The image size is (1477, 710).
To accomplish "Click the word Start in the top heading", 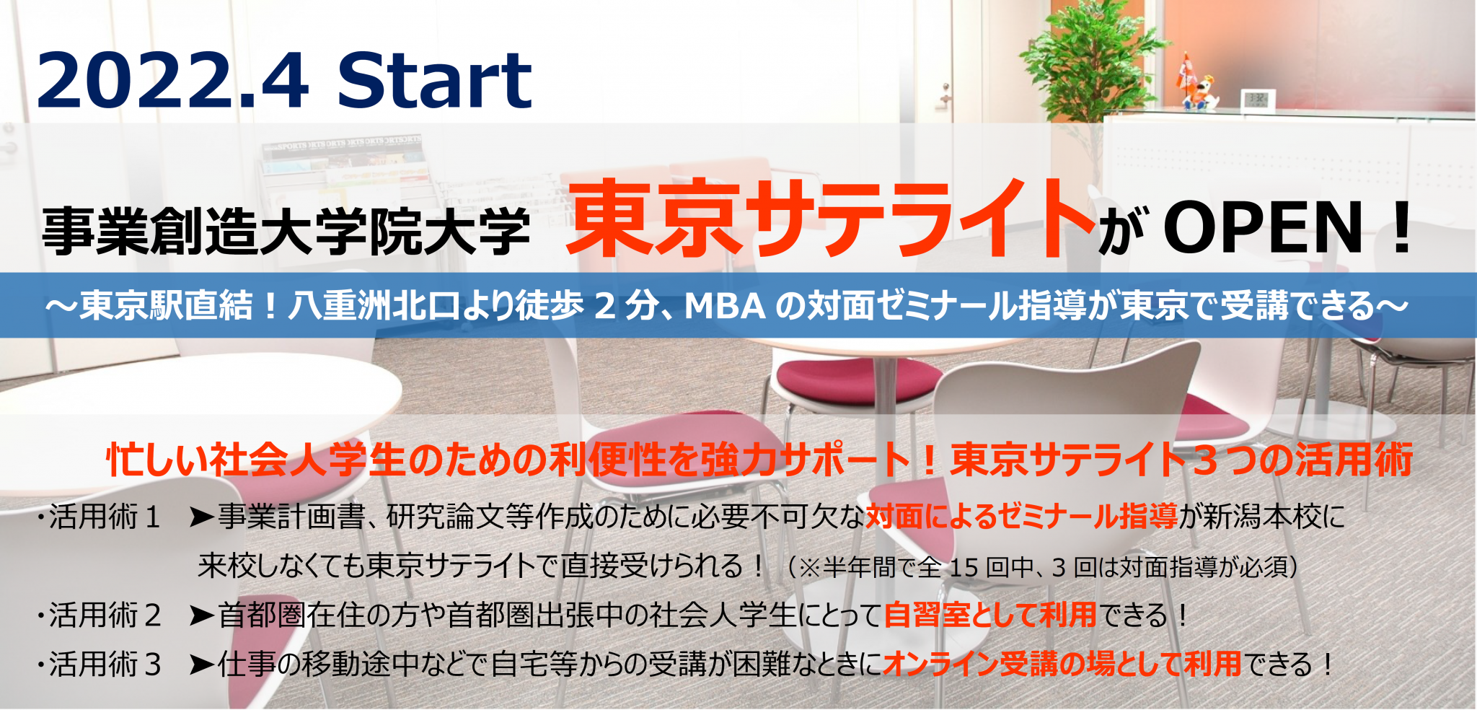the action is tap(435, 80).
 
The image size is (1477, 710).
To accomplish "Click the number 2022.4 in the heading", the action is tap(173, 80).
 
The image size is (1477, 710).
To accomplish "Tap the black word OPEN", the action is tap(1264, 227).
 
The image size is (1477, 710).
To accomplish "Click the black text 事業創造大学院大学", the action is tap(286, 231).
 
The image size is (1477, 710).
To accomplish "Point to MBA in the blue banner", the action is tap(725, 306).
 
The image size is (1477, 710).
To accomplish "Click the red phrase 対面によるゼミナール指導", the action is tap(1021, 517).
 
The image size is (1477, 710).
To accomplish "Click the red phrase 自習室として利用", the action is tap(990, 615).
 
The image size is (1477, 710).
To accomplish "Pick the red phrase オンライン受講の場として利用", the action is tap(1062, 665).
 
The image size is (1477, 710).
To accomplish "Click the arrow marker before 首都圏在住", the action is tap(201, 615).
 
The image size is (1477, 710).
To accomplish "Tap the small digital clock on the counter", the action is tap(1258, 98).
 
